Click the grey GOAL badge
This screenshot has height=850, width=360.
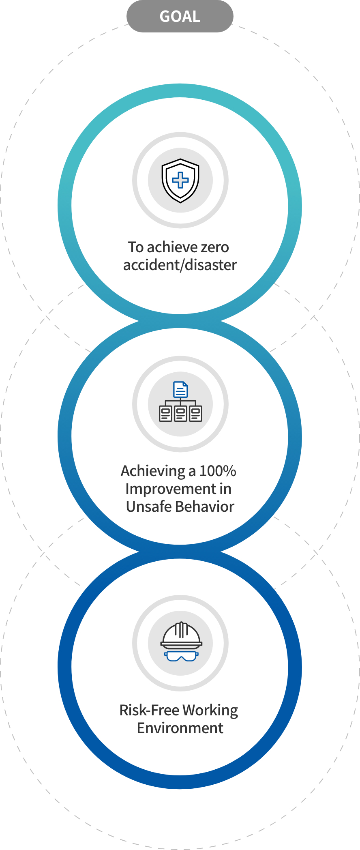point(180,16)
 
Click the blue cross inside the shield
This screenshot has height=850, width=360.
point(180,180)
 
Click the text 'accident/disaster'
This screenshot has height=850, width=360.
point(180,265)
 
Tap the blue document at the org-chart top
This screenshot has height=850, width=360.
point(180,390)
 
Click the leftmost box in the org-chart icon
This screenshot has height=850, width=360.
point(165,414)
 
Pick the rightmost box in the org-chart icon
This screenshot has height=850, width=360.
point(196,414)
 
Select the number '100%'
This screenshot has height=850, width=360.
point(218,471)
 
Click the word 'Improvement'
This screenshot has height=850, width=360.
point(171,489)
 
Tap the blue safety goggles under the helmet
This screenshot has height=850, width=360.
point(181,656)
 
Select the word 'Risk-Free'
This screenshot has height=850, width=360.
point(149,710)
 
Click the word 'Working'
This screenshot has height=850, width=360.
point(210,710)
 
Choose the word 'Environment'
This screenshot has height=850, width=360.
point(180,728)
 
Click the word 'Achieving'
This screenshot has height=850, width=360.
point(153,471)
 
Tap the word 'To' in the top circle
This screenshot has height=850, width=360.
point(136,247)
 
